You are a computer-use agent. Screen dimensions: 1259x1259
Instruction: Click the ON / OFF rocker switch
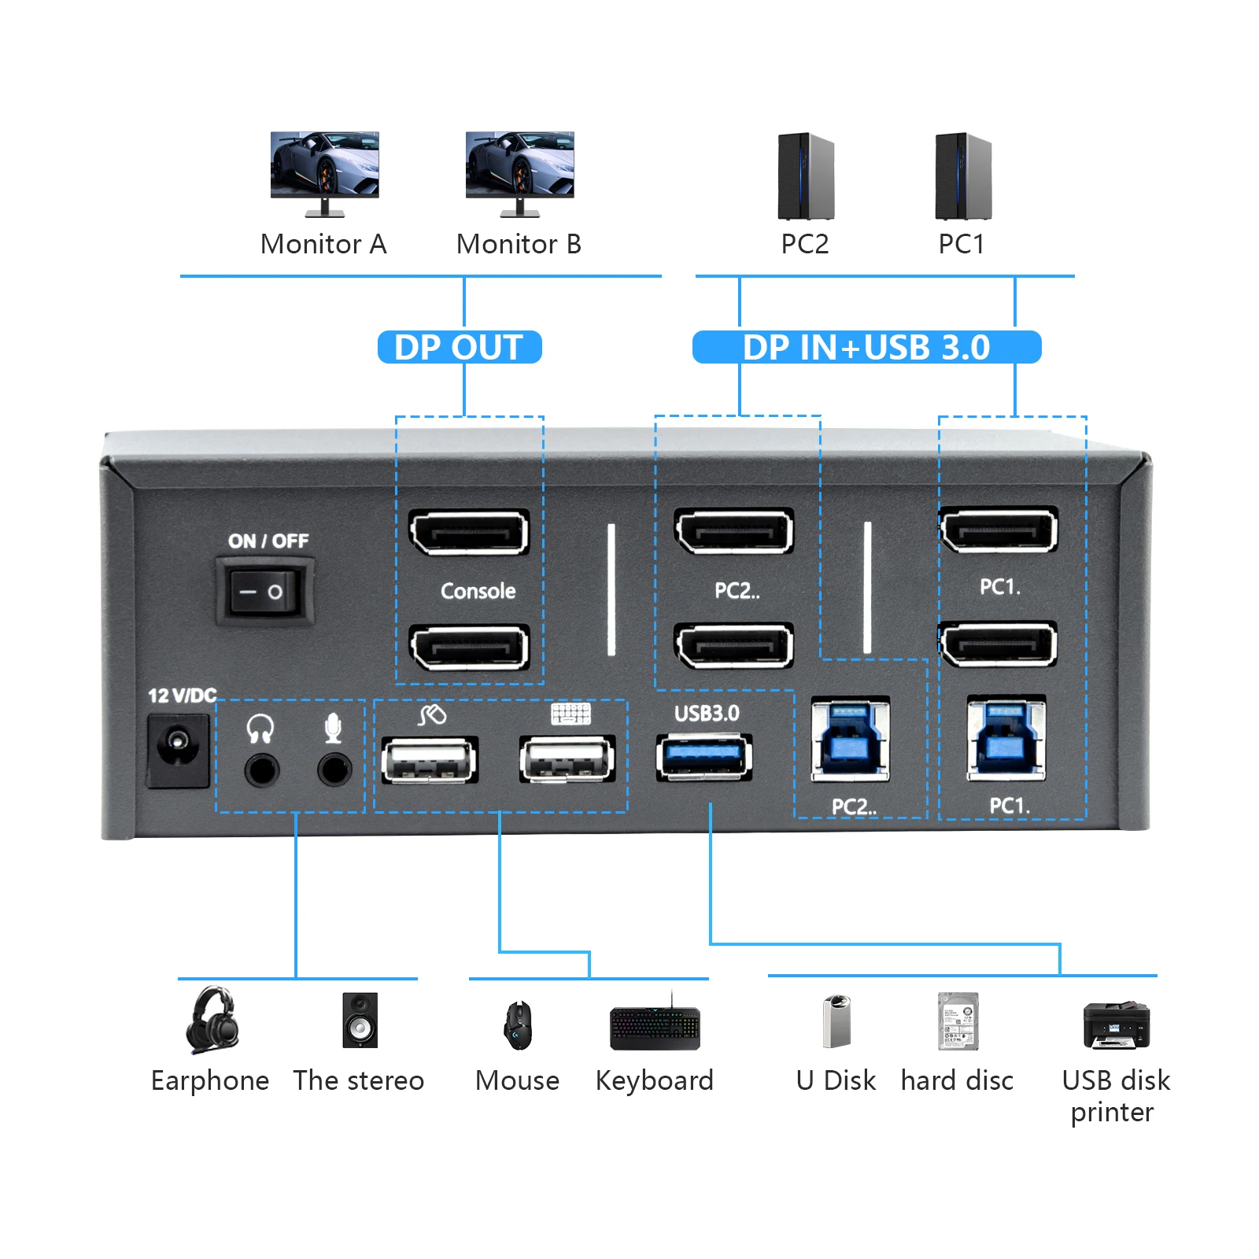[264, 592]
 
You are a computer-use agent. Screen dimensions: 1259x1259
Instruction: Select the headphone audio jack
[261, 769]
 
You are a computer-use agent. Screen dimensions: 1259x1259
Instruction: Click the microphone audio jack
[334, 769]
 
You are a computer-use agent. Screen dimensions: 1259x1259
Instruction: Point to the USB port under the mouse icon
[429, 760]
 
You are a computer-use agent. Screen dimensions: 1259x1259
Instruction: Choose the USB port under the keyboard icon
[567, 760]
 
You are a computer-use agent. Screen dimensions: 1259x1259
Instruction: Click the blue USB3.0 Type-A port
[704, 757]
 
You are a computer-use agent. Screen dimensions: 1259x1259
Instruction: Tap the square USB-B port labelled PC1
[1006, 738]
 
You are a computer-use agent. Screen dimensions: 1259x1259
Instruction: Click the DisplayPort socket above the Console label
[469, 533]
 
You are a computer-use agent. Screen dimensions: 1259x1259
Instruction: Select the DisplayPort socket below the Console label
[469, 648]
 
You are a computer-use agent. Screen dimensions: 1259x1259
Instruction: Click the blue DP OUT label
[460, 347]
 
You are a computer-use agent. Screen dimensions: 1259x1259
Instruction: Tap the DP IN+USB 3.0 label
[866, 347]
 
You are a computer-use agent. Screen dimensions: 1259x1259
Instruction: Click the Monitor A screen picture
[324, 165]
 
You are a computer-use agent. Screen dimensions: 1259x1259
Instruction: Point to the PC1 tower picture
[962, 176]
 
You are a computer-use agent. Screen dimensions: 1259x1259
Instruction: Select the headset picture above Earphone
[212, 1020]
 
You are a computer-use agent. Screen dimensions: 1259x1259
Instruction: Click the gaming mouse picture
[518, 1025]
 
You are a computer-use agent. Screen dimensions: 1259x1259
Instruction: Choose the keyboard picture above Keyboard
[655, 1027]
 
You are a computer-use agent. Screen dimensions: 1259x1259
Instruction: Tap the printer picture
[1116, 1025]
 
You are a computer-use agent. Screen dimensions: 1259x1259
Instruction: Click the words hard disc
[957, 1080]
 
